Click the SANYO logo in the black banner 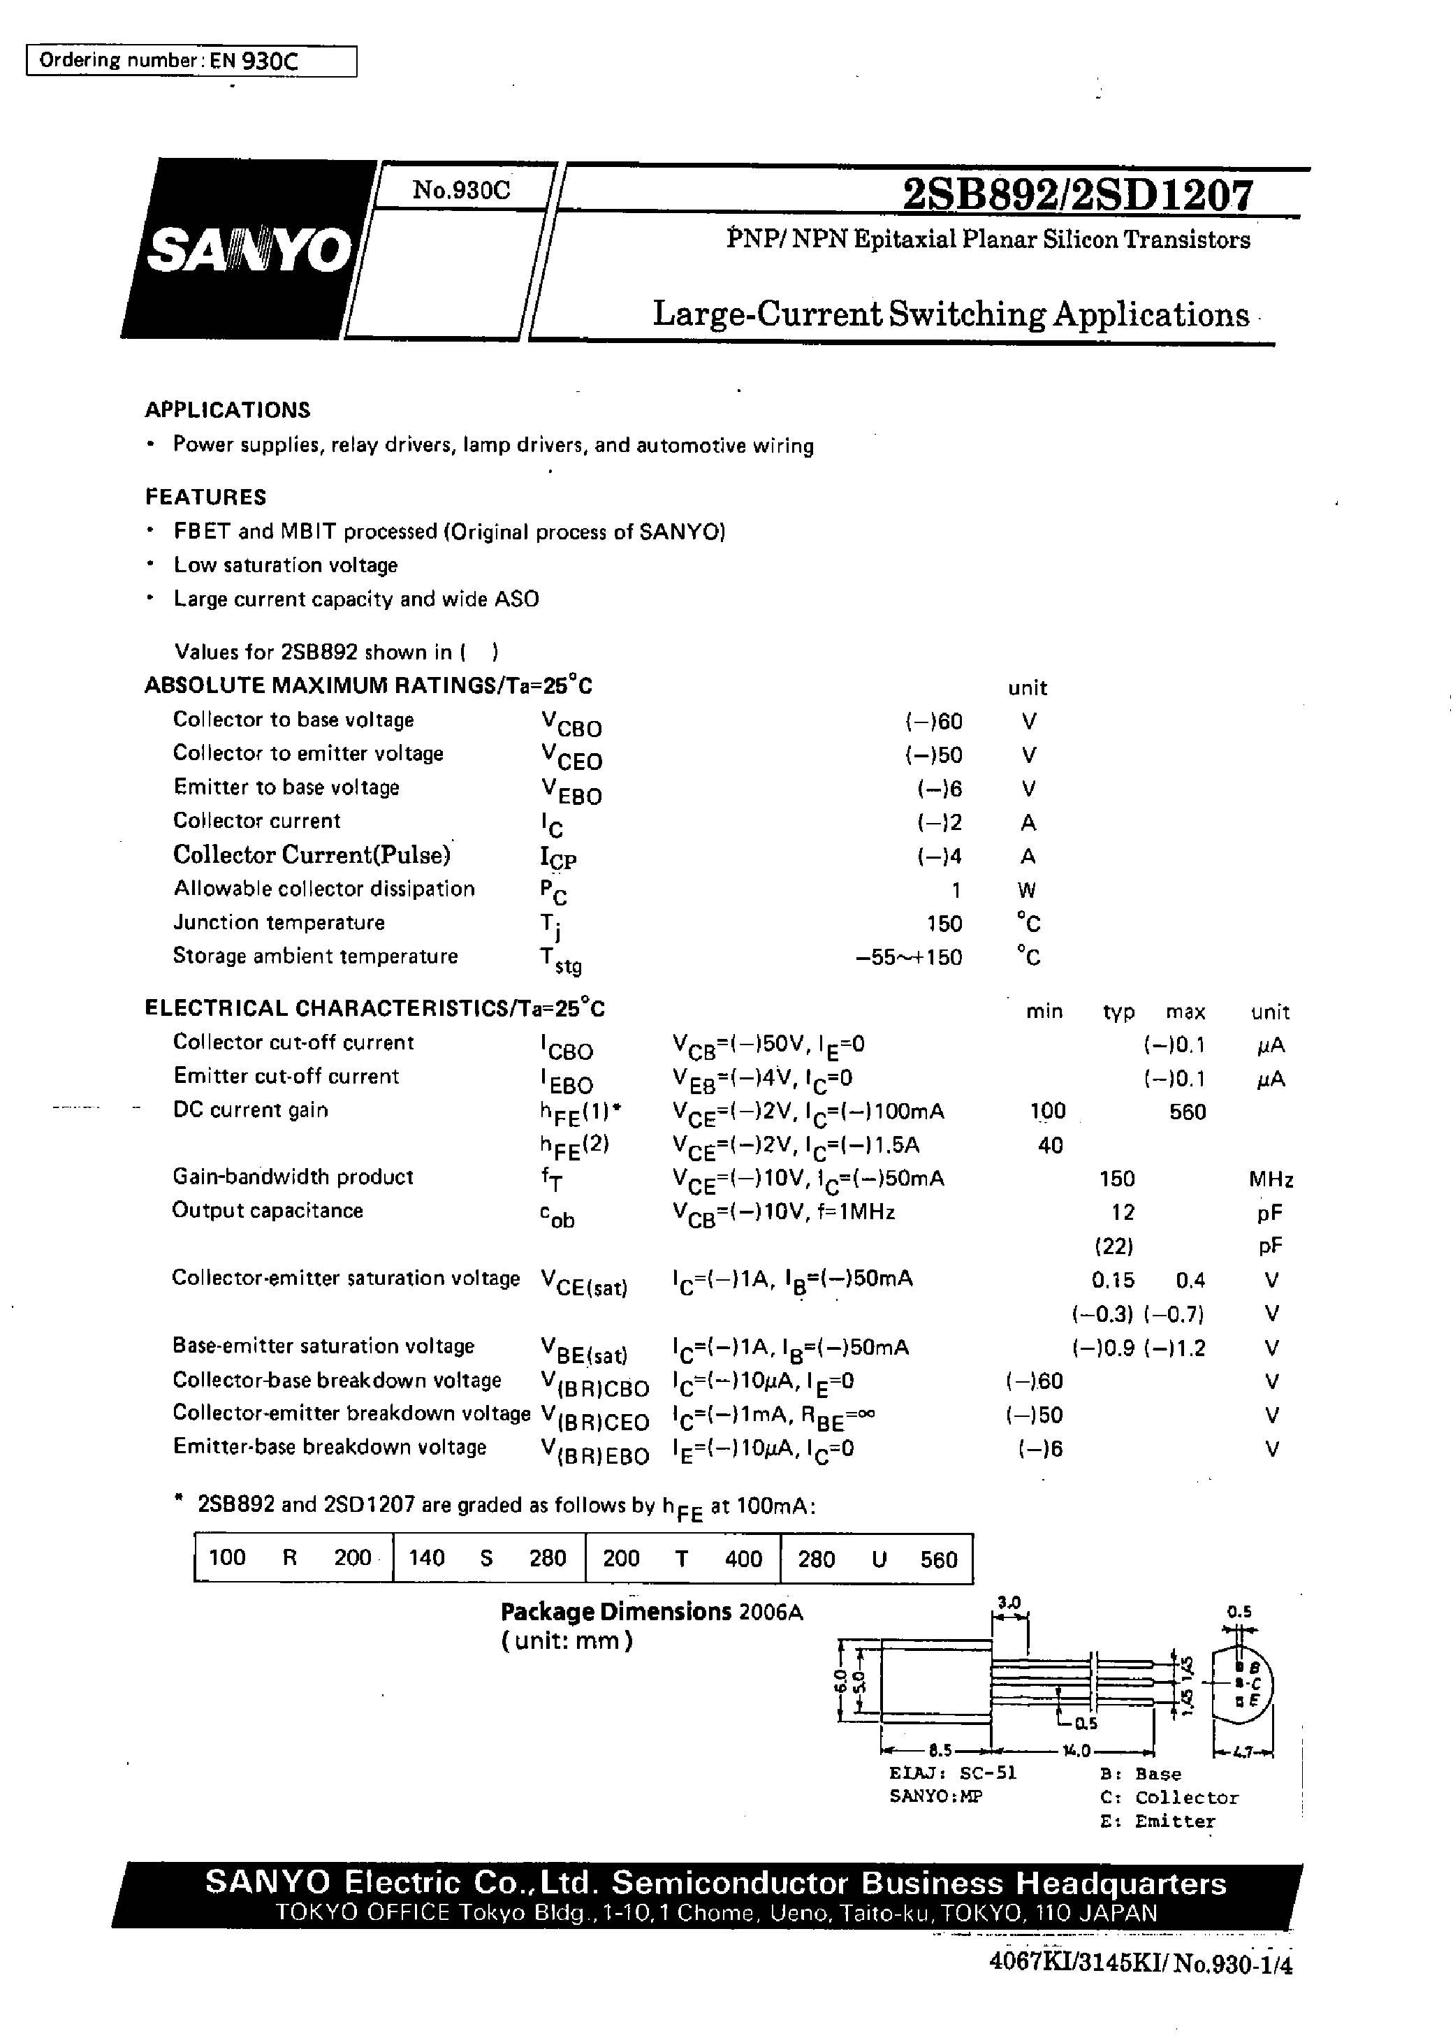point(249,251)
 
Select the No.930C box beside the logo point(461,189)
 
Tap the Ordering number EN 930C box point(191,61)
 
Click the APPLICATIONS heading point(227,409)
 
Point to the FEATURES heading point(206,497)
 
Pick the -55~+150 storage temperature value point(909,957)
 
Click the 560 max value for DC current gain point(1188,1112)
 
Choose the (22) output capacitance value point(1114,1245)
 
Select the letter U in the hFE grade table point(879,1559)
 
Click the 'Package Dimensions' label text point(615,1612)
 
